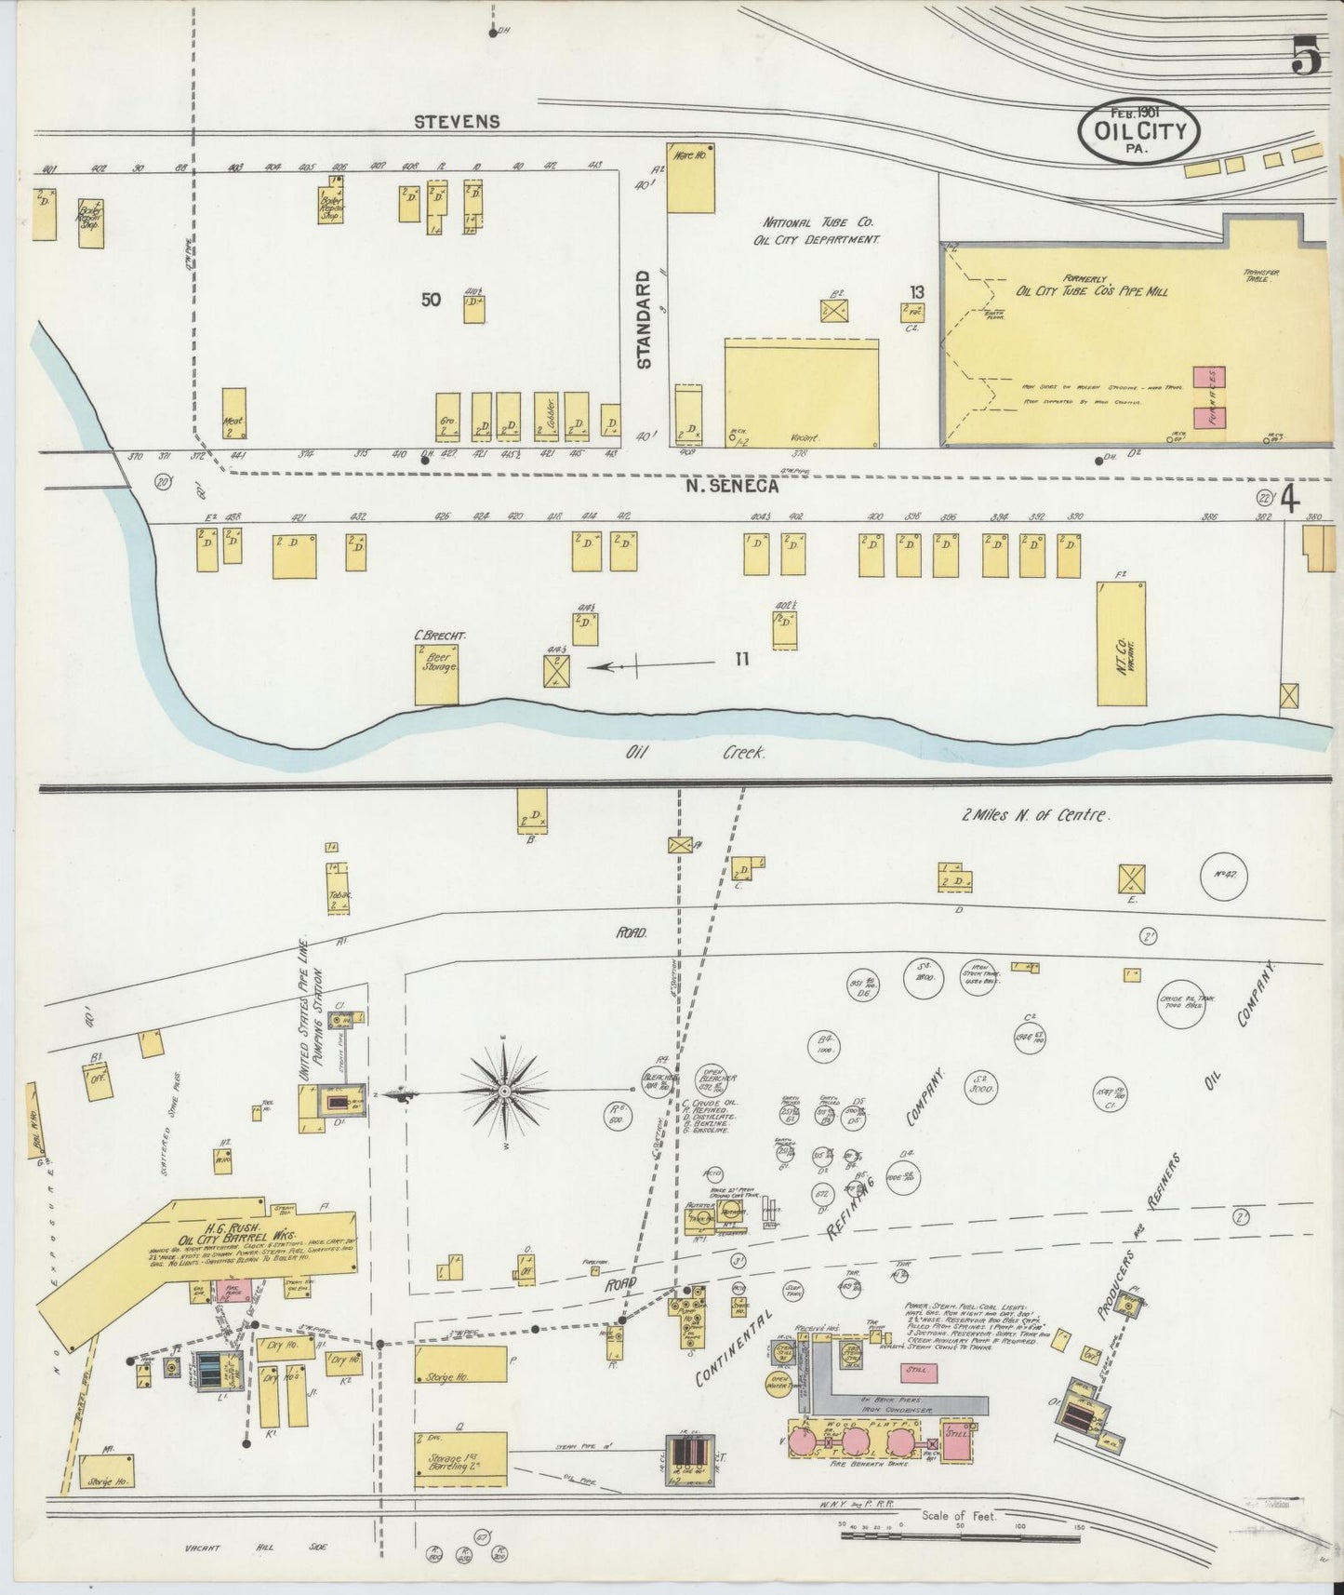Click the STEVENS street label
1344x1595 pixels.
(457, 121)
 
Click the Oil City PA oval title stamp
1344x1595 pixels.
(1138, 131)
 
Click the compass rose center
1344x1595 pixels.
(503, 1090)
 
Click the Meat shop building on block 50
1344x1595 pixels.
(233, 414)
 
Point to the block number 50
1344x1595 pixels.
(430, 300)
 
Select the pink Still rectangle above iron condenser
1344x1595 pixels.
(918, 1373)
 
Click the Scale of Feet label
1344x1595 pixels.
(958, 1516)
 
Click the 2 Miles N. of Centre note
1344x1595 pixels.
(1035, 816)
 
